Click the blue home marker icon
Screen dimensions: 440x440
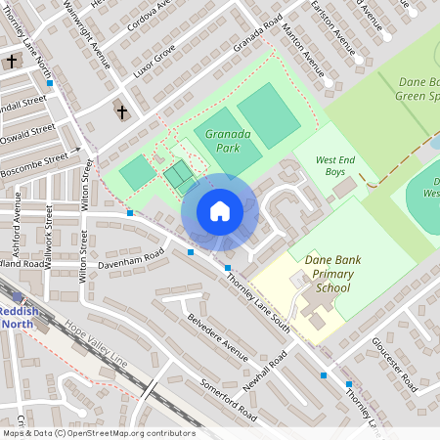(x=220, y=211)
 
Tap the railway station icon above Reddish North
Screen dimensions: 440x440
(x=18, y=297)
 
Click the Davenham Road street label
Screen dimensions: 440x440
(x=131, y=261)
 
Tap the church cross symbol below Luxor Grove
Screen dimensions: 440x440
(x=122, y=112)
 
